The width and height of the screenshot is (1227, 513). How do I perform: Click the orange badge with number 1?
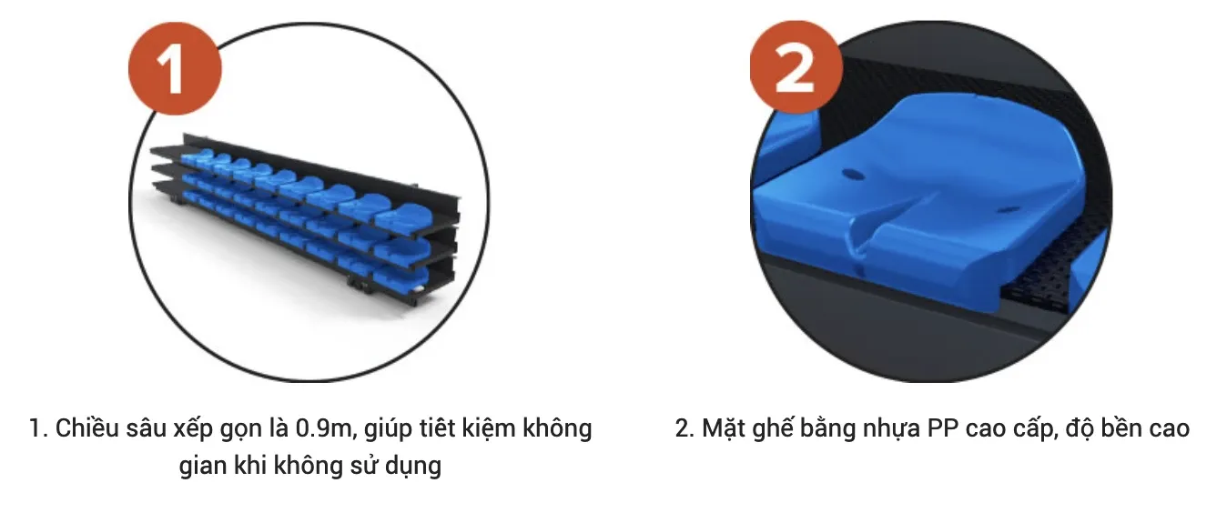tap(175, 68)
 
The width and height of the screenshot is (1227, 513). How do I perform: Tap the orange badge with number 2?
tap(796, 66)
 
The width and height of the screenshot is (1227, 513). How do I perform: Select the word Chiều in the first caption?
tap(87, 427)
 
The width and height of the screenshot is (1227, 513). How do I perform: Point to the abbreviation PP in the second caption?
tap(943, 428)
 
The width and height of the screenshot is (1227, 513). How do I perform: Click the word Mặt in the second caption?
tap(724, 428)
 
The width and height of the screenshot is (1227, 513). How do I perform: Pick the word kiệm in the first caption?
tap(489, 428)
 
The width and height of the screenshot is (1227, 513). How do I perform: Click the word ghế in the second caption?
tap(773, 428)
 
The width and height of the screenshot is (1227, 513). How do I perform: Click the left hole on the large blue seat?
tap(852, 176)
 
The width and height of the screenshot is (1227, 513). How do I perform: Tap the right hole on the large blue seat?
tap(1008, 210)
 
